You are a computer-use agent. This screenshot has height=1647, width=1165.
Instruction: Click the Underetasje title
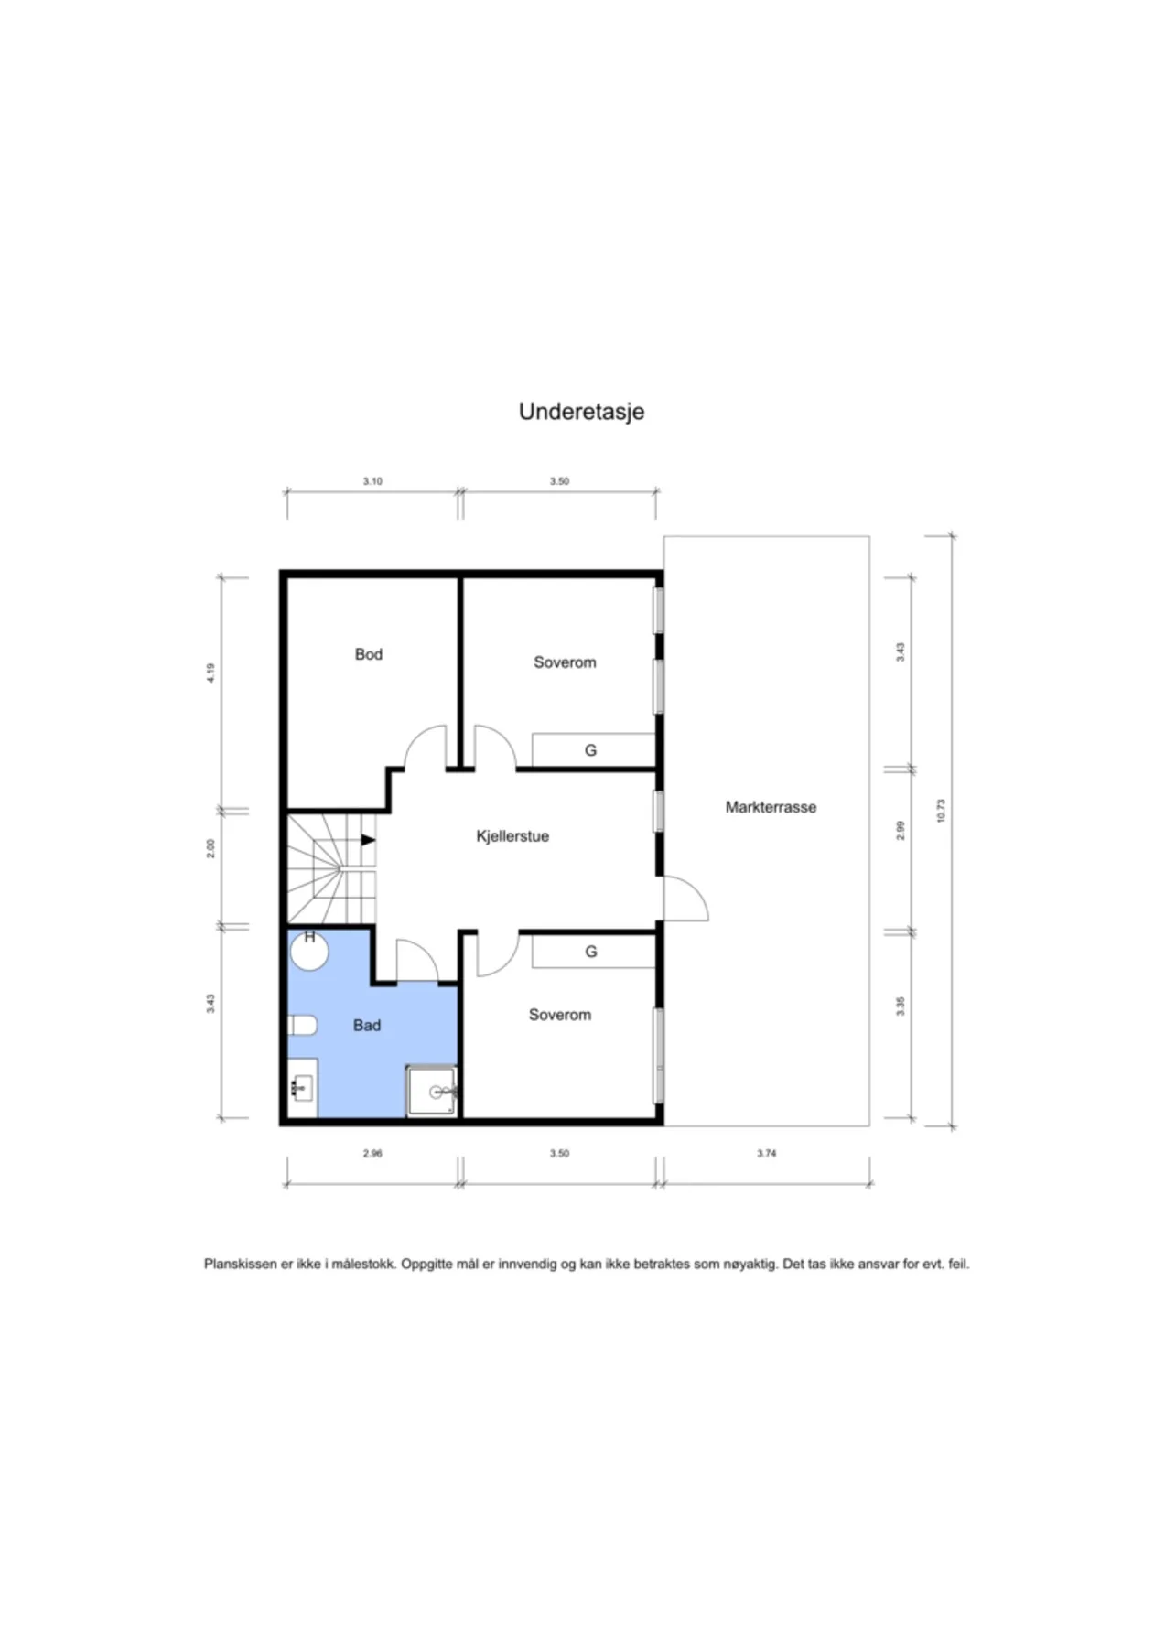(x=581, y=412)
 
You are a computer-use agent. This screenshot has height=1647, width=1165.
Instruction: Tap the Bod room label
(x=369, y=654)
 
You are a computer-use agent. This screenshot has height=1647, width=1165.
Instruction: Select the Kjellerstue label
(x=512, y=836)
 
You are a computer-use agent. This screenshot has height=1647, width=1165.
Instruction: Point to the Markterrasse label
(x=771, y=807)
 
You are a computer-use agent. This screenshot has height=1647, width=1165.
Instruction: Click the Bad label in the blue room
(x=367, y=1026)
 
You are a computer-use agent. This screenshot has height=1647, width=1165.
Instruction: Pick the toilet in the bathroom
(x=302, y=1025)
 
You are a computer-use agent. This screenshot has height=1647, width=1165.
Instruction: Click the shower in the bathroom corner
(x=432, y=1091)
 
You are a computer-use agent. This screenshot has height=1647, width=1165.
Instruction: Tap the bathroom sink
(x=302, y=1088)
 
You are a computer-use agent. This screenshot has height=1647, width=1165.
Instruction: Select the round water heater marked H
(x=309, y=951)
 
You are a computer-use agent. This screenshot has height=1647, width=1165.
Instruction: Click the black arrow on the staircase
(x=368, y=840)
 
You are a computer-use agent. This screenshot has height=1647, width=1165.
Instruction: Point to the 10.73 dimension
(x=941, y=811)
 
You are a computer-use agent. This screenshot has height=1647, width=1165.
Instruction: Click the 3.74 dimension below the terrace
(x=767, y=1154)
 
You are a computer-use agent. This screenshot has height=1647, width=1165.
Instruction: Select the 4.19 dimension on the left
(x=210, y=673)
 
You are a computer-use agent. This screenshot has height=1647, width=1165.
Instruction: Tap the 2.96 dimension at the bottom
(x=372, y=1154)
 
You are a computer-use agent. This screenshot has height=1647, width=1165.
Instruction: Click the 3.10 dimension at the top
(x=372, y=481)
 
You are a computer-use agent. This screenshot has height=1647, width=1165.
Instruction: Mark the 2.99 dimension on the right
(x=901, y=831)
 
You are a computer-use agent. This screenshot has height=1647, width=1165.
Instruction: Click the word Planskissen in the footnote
(x=240, y=1265)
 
